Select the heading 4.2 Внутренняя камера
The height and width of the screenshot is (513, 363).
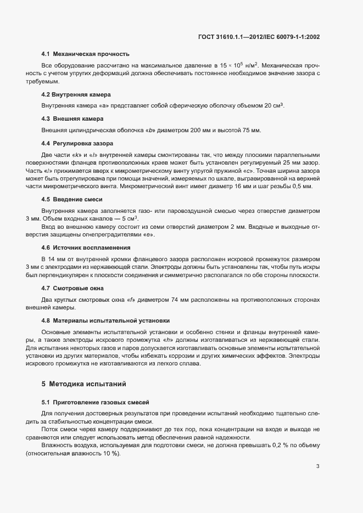pos(76,94)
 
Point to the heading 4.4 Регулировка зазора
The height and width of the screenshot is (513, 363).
pos(77,143)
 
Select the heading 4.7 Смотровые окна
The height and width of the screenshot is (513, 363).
pos(72,287)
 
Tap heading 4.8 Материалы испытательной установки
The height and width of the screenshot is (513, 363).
pos(105,320)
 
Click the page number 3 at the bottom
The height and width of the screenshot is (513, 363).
pos(317,451)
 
